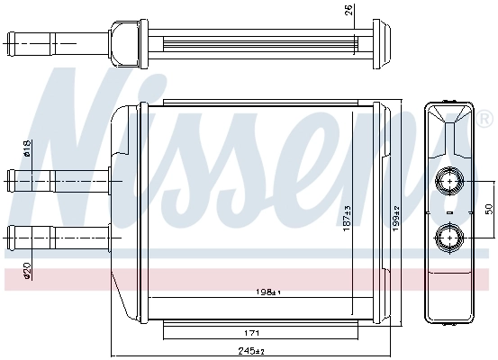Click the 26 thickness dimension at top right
[x=350, y=12]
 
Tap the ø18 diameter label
[x=28, y=150]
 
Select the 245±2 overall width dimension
[x=255, y=351]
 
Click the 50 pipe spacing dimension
[x=489, y=209]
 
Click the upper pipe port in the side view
[x=448, y=181]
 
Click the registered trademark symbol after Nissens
[x=485, y=120]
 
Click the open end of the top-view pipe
[x=9, y=41]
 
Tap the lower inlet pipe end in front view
[x=11, y=238]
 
